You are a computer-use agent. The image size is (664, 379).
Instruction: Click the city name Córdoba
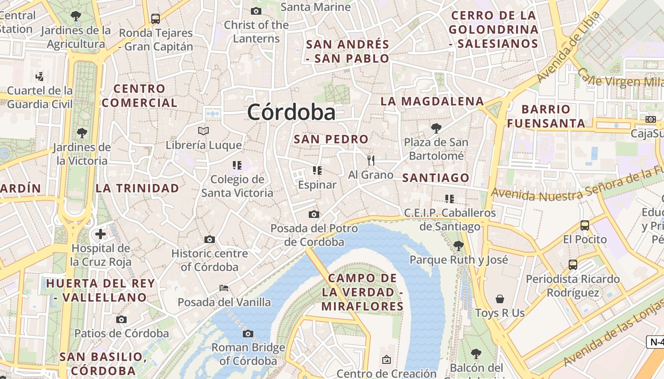[x=291, y=112]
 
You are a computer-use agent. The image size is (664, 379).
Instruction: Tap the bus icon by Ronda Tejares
[x=156, y=19]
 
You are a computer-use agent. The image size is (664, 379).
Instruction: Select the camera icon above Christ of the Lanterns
[x=256, y=11]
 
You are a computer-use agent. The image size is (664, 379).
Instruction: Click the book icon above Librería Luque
[x=203, y=131]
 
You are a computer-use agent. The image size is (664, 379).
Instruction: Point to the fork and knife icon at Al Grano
[x=371, y=161]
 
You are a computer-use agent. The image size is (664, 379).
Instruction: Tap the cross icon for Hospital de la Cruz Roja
[x=101, y=234]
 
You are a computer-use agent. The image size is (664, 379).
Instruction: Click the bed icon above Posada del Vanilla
[x=224, y=288]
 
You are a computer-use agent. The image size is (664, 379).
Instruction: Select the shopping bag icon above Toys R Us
[x=500, y=299]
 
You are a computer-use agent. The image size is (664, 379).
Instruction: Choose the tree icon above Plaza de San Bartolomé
[x=436, y=128]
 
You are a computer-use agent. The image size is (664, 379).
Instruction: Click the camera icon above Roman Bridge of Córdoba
[x=248, y=334]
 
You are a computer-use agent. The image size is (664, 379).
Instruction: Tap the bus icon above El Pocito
[x=585, y=226]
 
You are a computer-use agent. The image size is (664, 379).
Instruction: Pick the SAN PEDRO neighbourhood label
[x=331, y=139]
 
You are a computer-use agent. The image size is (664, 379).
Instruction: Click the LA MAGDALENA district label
[x=432, y=101]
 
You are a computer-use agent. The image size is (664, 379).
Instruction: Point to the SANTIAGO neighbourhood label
[x=436, y=178]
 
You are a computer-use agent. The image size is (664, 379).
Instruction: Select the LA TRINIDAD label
[x=138, y=188]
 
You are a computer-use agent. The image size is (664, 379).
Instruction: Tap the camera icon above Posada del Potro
[x=314, y=214]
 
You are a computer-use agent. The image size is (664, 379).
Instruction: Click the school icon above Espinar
[x=317, y=171]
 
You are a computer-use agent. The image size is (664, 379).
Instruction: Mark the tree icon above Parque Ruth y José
[x=458, y=245]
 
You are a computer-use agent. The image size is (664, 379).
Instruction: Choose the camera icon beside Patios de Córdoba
[x=121, y=319]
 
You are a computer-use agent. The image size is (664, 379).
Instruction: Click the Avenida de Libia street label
[x=569, y=48]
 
